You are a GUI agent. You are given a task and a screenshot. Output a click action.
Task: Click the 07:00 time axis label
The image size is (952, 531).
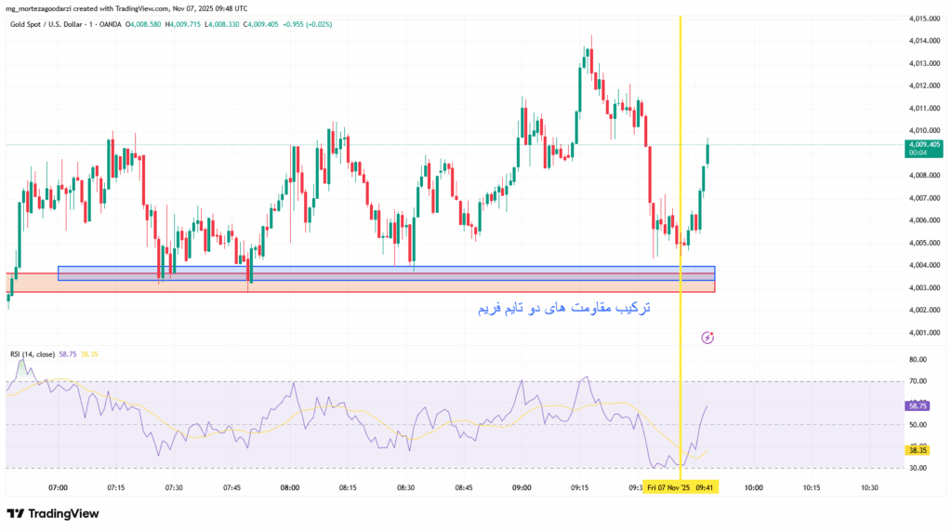tap(58, 486)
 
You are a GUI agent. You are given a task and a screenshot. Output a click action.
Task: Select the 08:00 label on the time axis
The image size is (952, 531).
tap(289, 486)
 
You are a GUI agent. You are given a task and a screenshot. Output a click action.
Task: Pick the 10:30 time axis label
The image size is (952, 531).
tap(869, 486)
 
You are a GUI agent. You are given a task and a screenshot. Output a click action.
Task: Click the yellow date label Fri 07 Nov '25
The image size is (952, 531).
tap(669, 486)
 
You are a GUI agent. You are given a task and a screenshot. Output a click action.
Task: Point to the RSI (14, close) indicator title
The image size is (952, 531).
tap(32, 354)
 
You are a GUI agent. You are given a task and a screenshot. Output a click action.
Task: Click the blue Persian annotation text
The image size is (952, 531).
tap(564, 307)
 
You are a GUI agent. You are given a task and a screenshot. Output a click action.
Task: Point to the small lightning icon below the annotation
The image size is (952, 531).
tap(708, 337)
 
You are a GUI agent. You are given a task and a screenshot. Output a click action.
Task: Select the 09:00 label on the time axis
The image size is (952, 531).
tap(522, 486)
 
